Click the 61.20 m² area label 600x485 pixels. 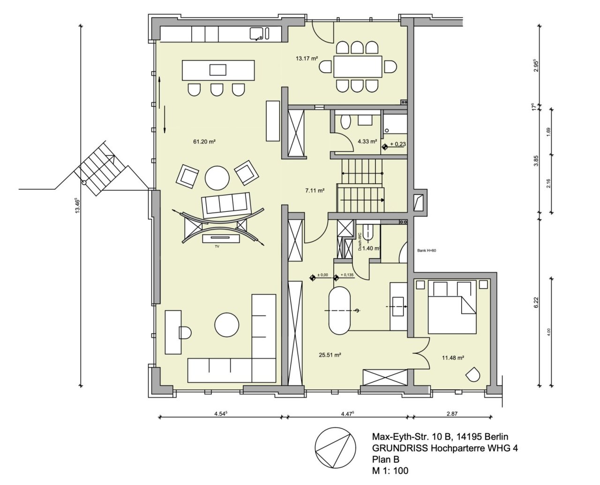[204, 142]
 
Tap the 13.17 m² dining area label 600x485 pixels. [307, 59]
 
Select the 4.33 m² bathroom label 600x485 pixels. [367, 141]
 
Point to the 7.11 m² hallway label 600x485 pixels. [315, 191]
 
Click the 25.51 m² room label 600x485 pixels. [330, 355]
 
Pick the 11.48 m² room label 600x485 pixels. [453, 358]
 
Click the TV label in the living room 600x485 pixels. [217, 246]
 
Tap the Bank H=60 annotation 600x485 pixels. [427, 251]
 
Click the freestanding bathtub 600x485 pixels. [339, 311]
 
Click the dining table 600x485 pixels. [358, 67]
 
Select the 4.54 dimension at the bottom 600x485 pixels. [220, 414]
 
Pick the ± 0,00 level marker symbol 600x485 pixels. [313, 278]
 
